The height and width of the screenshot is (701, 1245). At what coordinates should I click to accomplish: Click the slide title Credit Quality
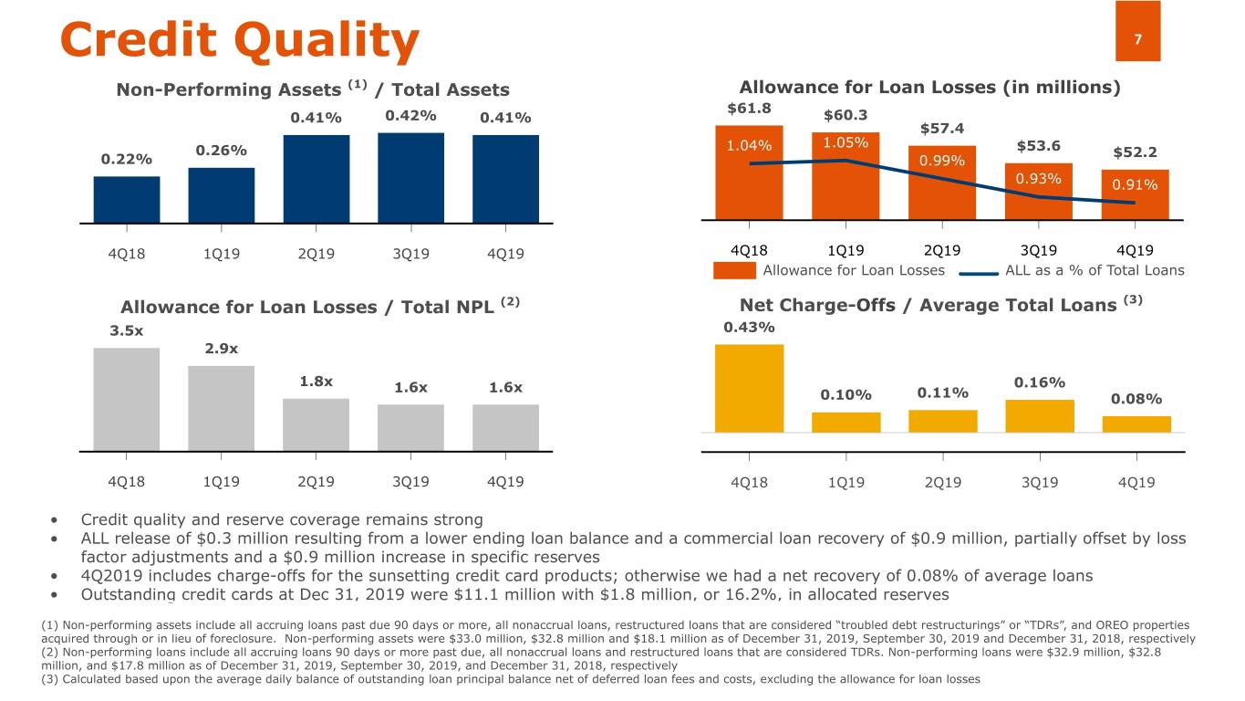(239, 39)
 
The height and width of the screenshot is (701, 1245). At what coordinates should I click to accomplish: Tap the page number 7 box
(1137, 31)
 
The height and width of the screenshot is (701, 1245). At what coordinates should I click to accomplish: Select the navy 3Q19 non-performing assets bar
(410, 177)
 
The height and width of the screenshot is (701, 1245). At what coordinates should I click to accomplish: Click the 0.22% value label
(127, 159)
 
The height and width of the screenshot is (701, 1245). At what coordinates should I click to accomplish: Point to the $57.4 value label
(942, 128)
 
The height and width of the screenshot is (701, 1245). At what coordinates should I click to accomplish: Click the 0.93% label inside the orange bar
(1039, 178)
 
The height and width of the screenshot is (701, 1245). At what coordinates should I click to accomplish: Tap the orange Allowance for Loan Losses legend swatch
(734, 270)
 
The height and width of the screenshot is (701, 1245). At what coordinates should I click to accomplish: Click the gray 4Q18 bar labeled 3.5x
(127, 399)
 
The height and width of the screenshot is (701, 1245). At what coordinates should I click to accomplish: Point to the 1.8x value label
(316, 382)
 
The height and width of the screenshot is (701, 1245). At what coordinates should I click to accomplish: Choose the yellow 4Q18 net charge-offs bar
(749, 388)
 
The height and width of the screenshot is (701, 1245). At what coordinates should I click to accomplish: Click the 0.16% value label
(1039, 382)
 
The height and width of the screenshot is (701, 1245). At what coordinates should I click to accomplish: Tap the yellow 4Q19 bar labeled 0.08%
(1136, 424)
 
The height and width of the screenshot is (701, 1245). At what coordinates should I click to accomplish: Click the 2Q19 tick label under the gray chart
(316, 481)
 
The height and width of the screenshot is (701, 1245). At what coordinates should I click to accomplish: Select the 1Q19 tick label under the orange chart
(846, 250)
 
